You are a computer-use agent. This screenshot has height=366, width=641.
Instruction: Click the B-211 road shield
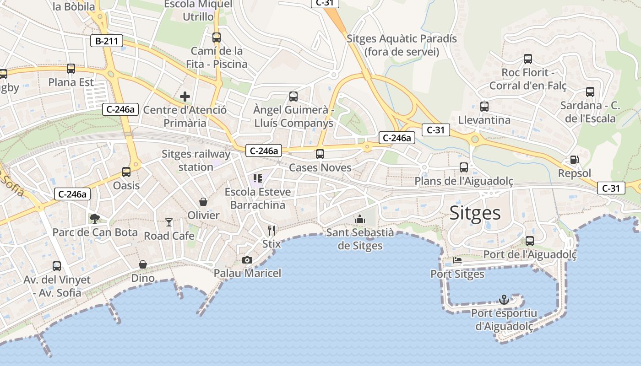[107, 41]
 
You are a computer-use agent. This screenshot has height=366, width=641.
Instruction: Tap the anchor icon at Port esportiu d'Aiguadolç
[504, 300]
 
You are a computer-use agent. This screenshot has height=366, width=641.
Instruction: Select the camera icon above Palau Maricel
[247, 260]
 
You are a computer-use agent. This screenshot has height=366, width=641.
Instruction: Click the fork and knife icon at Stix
[272, 230]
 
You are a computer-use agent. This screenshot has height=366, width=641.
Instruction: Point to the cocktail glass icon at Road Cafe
[169, 222]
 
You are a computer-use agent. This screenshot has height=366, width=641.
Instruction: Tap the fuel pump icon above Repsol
[574, 160]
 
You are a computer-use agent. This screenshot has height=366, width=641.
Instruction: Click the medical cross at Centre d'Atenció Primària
[185, 97]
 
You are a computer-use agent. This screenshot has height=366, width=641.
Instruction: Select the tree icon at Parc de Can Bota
[95, 218]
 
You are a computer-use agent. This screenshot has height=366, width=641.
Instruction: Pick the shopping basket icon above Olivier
[203, 201]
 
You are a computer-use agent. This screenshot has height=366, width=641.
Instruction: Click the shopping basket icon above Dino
[143, 264]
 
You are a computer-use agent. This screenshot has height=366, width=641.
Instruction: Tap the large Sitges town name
[475, 213]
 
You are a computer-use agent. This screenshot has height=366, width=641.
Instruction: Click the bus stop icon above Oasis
[126, 172]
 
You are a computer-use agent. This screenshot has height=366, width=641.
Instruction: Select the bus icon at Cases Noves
[320, 154]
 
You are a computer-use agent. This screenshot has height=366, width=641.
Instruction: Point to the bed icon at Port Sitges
[457, 261]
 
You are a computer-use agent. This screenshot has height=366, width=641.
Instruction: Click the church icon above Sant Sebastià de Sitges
[360, 219]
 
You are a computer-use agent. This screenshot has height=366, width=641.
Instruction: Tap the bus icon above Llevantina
[484, 107]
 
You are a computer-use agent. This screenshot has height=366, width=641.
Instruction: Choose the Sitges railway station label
[196, 160]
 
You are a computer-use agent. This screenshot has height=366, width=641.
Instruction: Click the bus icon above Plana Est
[71, 69]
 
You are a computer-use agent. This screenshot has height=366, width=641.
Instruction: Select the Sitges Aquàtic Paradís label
[402, 45]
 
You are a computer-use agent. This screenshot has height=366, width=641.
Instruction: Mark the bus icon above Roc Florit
[528, 59]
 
